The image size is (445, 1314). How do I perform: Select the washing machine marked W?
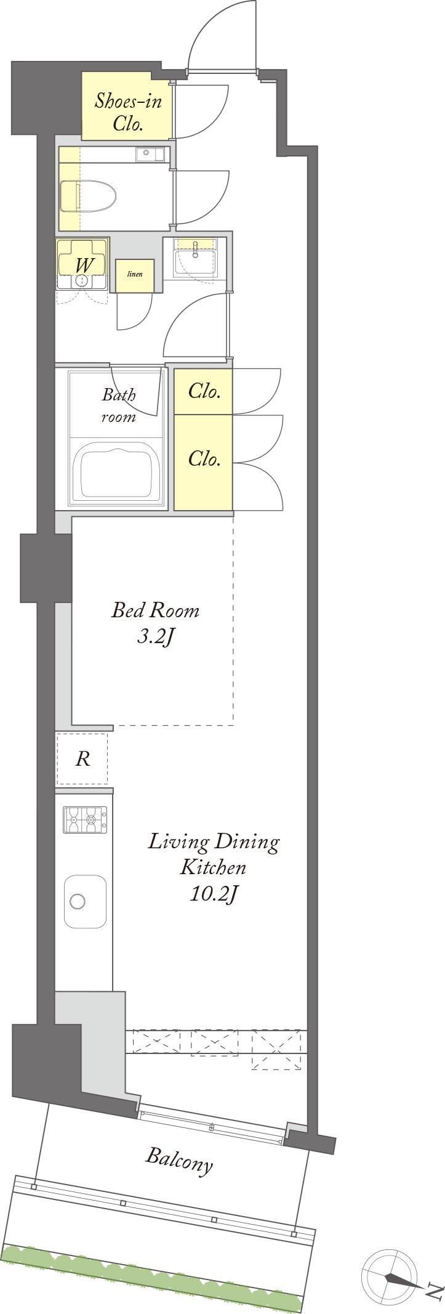click(x=82, y=265)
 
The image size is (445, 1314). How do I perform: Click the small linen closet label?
click(x=135, y=274)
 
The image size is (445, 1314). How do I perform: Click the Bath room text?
click(x=119, y=405)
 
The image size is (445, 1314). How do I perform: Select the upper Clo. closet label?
click(x=204, y=391)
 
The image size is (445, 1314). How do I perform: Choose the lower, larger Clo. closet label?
click(x=204, y=459)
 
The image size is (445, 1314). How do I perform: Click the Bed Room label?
click(x=155, y=610)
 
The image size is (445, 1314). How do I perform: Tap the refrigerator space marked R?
click(x=82, y=759)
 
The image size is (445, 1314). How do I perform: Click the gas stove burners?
click(x=84, y=820)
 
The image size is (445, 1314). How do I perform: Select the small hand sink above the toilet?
click(x=151, y=153)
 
